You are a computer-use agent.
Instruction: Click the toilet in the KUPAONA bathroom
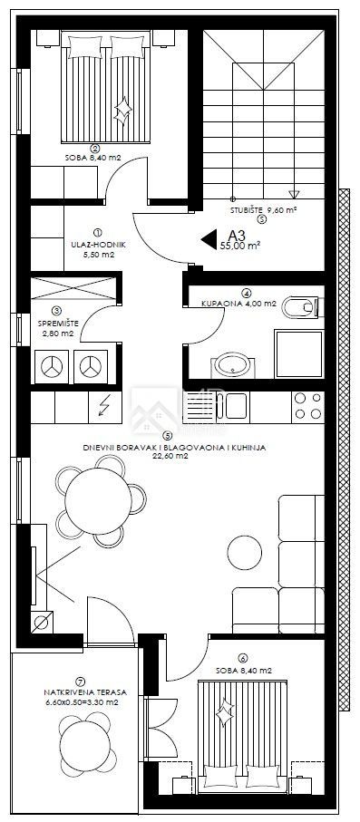tap(301, 307)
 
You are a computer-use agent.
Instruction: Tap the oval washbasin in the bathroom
tap(232, 365)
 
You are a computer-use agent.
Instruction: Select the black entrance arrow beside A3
tap(209, 239)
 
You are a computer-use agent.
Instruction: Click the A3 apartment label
tap(237, 236)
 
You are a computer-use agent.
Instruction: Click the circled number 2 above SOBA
tap(94, 148)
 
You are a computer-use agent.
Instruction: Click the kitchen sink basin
tap(236, 407)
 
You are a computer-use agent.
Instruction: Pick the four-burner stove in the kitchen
tap(307, 406)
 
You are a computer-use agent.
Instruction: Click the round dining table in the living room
tap(98, 501)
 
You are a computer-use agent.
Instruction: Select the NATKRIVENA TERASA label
tap(85, 692)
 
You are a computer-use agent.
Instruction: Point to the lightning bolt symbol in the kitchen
tap(104, 407)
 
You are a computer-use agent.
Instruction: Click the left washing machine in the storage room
tap(52, 366)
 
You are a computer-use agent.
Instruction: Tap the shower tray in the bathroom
tap(299, 353)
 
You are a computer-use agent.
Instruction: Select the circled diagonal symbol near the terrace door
tap(42, 623)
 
